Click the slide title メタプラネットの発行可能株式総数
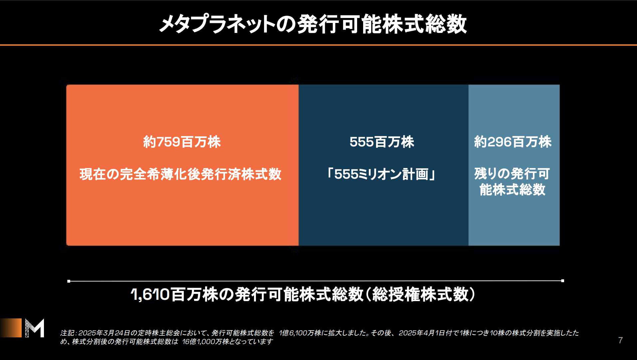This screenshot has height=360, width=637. [x=313, y=24]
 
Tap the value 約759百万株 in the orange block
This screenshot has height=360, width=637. [x=182, y=142]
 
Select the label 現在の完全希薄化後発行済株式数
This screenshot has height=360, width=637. [x=180, y=174]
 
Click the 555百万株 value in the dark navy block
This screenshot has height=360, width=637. [x=382, y=142]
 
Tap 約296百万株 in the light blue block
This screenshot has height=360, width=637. [x=513, y=142]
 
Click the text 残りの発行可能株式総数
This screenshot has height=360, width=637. [x=512, y=182]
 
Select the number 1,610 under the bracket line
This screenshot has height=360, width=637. [x=150, y=294]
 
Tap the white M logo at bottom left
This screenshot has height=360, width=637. [x=35, y=328]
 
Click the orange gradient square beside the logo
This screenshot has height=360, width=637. [x=11, y=328]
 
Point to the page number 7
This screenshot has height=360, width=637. [x=620, y=340]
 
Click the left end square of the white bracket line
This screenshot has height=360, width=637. [x=69, y=281]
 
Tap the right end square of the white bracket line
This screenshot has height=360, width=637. [x=562, y=281]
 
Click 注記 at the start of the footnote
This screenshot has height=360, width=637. [x=68, y=333]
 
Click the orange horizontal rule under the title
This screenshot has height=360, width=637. [x=318, y=45]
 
